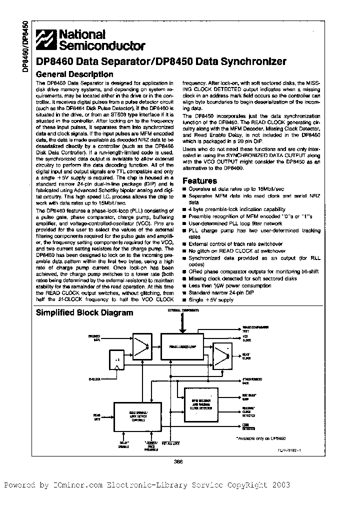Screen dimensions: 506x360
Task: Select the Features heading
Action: (x=199, y=180)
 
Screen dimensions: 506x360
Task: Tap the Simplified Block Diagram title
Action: (x=84, y=312)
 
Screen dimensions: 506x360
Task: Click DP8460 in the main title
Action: (x=55, y=61)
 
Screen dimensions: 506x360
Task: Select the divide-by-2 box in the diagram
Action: (x=117, y=359)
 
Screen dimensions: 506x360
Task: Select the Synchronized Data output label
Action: (x=249, y=380)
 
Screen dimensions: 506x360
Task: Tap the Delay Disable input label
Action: (x=124, y=444)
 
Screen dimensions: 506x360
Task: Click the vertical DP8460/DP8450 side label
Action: (x=24, y=48)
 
